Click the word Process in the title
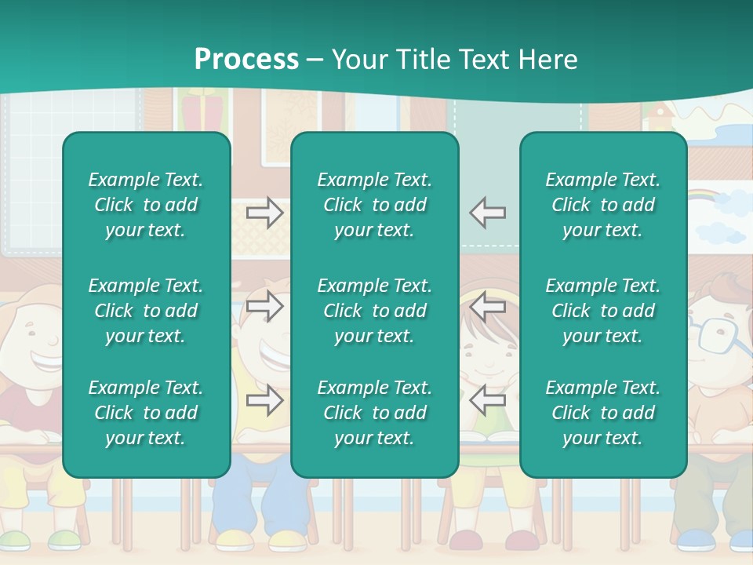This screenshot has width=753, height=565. click(246, 60)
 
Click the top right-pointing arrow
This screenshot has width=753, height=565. click(264, 213)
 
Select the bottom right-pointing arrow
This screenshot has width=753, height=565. click(264, 401)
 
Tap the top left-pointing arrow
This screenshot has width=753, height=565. click(488, 213)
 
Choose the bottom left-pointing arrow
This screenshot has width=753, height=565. click(488, 401)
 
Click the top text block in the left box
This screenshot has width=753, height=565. click(146, 205)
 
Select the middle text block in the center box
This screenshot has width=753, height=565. click(374, 311)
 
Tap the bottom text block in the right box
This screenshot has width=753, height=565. click(602, 413)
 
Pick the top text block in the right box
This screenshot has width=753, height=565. click(602, 205)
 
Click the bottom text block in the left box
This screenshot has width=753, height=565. click(146, 413)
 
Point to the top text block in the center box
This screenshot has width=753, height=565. click(374, 205)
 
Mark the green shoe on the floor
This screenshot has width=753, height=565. click(64, 539)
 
